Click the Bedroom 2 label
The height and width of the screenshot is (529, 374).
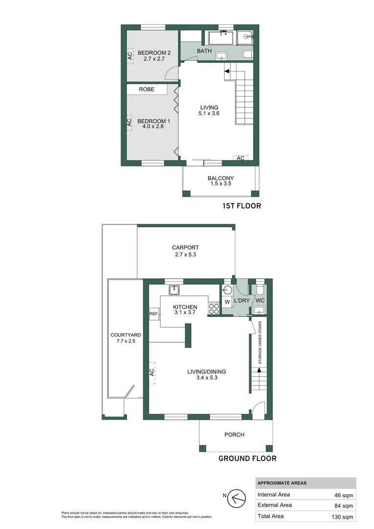pos(154,52)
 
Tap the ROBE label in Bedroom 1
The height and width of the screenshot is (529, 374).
pos(146,90)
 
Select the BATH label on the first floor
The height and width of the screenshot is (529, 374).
pos(204,51)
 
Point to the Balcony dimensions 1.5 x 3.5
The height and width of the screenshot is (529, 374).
pos(220,184)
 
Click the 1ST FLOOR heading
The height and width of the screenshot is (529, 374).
pos(241,206)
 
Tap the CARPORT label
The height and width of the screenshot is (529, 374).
pos(185,247)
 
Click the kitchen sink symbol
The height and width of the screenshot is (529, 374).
pos(174,290)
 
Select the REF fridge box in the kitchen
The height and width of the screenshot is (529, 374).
pos(154,314)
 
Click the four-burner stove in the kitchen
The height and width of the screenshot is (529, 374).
pos(214,309)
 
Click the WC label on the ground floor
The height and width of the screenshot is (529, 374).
pos(260,300)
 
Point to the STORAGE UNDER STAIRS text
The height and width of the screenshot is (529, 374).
pos(260,342)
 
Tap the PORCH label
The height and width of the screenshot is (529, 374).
pos(234,434)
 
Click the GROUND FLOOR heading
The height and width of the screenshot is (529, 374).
pos(247,459)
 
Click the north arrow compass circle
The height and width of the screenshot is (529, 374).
pos(238,498)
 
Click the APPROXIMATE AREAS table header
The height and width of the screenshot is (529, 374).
pos(282,483)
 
